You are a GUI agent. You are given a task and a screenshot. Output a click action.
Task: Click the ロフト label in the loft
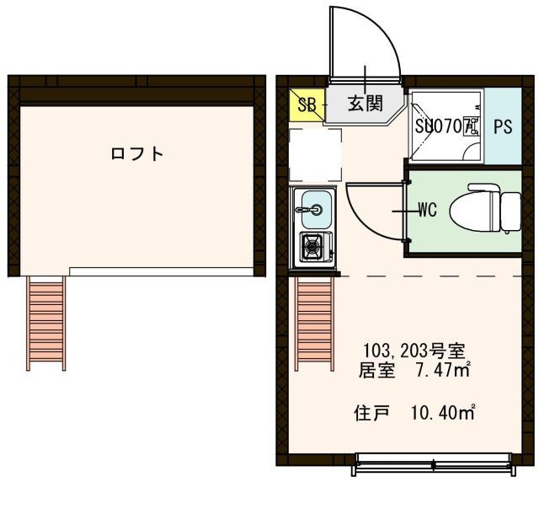click(136, 154)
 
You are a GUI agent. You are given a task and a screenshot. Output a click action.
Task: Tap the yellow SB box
click(307, 105)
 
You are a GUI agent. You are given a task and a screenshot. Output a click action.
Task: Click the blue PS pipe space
click(503, 127)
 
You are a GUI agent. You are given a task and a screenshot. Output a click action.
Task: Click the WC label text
click(427, 211)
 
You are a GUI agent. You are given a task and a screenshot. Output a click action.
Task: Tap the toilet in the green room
click(486, 209)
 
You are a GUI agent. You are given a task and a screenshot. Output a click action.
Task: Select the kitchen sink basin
click(315, 204)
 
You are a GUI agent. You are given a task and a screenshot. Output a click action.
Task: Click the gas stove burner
click(314, 247)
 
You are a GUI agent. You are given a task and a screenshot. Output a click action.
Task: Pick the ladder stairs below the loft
click(45, 323)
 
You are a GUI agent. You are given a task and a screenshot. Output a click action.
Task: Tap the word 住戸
click(368, 413)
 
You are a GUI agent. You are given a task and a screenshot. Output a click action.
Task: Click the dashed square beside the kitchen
click(315, 154)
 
